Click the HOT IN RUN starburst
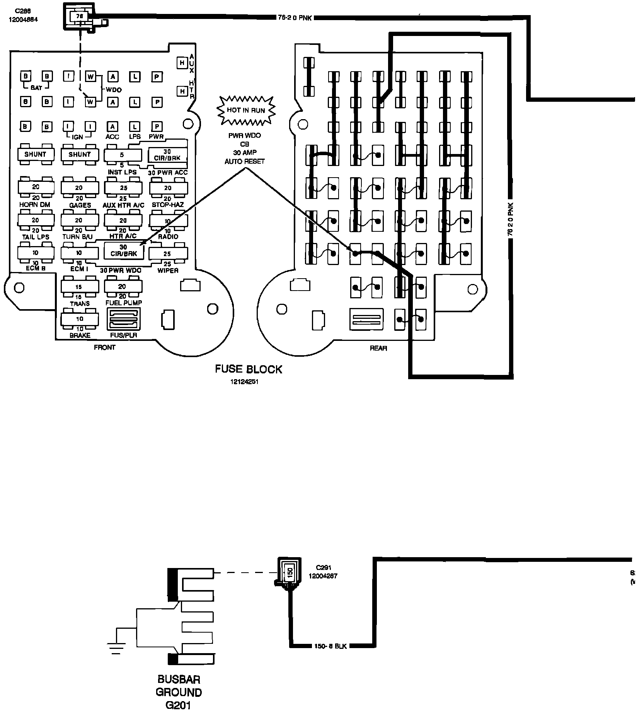(x=246, y=110)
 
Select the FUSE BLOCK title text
(x=249, y=369)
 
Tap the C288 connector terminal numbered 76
(x=80, y=17)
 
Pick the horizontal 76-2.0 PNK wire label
(x=295, y=18)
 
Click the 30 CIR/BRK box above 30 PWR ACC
(x=167, y=155)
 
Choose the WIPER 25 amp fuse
(x=167, y=254)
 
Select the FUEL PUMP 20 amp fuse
(x=123, y=287)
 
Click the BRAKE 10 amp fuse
(x=80, y=319)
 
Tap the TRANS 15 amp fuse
(x=79, y=287)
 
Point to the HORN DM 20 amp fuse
(x=36, y=187)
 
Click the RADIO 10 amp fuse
(x=167, y=221)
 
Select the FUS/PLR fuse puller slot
(x=123, y=319)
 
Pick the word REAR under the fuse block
(x=378, y=348)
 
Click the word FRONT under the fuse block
(x=104, y=347)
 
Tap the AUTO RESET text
(x=244, y=161)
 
